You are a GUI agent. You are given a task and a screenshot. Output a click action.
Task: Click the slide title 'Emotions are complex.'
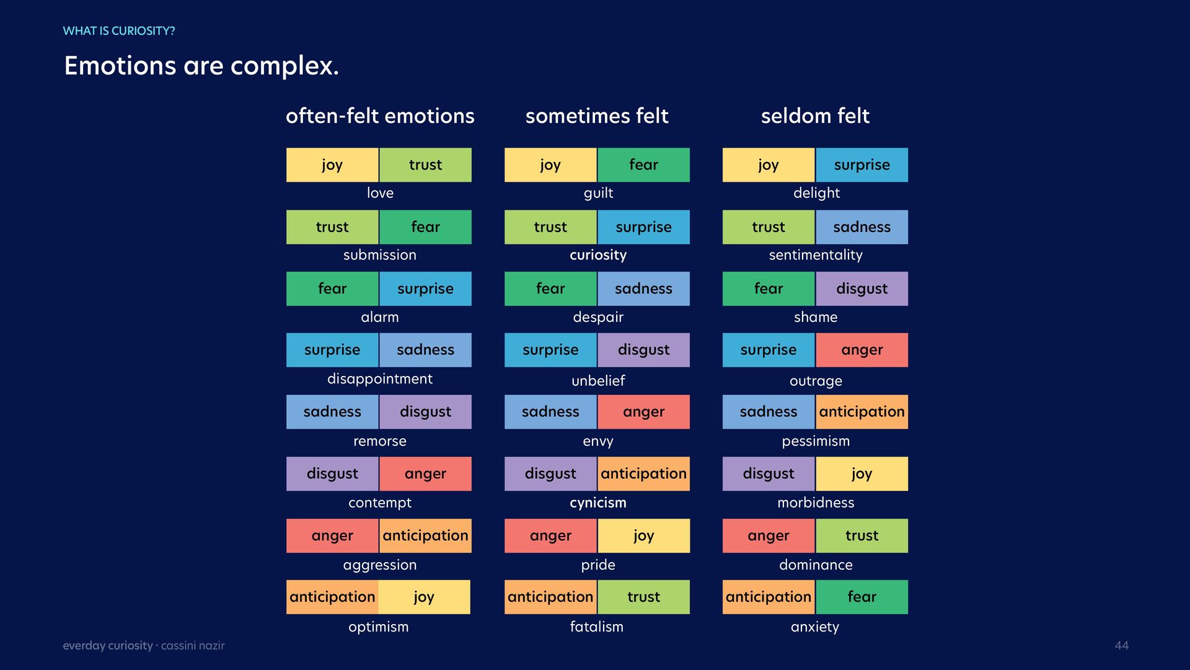[x=201, y=66]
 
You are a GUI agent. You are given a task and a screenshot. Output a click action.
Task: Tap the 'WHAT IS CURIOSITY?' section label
[x=119, y=31]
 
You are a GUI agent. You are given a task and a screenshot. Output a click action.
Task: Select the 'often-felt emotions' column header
[x=380, y=116]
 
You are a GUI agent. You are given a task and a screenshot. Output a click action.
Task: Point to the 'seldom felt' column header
[x=815, y=116]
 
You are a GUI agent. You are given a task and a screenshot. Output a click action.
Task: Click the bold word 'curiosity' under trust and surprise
[x=598, y=255]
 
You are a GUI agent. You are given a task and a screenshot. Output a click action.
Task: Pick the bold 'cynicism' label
[x=598, y=502]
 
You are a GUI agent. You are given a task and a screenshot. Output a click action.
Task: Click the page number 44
[x=1121, y=645]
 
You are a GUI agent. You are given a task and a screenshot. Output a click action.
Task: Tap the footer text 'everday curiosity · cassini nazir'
[x=144, y=646]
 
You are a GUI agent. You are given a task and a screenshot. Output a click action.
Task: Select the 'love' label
[x=380, y=193]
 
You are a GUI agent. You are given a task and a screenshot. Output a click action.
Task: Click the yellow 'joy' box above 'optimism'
[x=425, y=597]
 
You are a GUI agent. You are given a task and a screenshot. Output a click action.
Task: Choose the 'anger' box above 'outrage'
[x=862, y=350]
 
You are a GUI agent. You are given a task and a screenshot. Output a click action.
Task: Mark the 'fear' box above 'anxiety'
[x=862, y=597]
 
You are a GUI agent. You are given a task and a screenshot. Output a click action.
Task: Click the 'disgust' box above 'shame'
[x=862, y=288]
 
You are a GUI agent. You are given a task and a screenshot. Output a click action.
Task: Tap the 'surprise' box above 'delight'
[x=862, y=165]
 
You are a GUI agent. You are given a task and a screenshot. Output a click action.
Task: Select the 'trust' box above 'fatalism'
[x=643, y=597]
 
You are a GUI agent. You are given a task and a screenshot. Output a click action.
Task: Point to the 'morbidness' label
[x=816, y=502]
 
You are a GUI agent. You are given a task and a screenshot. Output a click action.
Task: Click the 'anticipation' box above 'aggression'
[x=425, y=535]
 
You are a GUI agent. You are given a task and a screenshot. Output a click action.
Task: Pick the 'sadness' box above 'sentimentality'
[x=862, y=227]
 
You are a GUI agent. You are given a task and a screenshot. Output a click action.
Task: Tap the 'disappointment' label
[x=380, y=379]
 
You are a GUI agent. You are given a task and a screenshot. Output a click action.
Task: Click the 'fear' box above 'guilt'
[x=643, y=165]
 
